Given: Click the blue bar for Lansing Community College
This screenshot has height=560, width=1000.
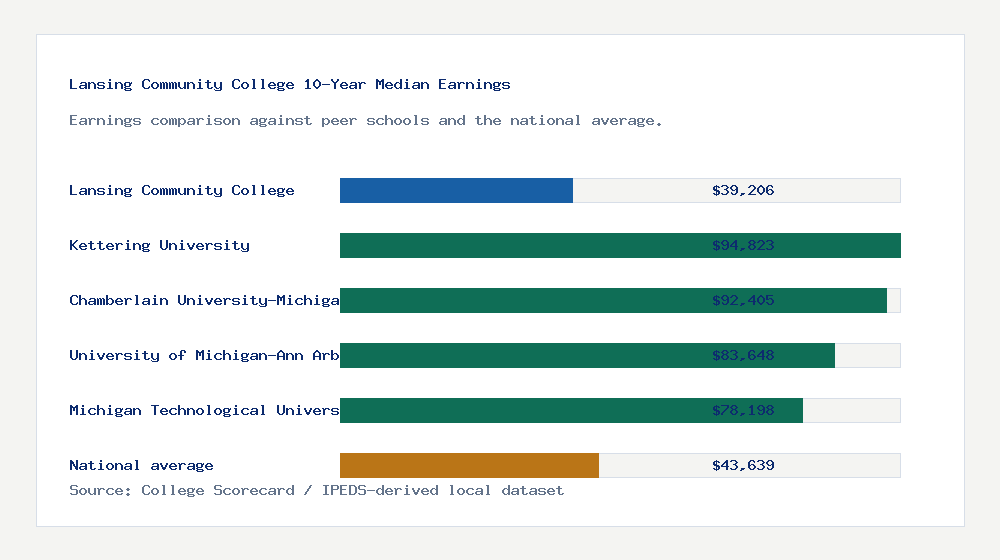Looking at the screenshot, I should (x=456, y=190).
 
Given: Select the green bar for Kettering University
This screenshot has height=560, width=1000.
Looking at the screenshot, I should (x=520, y=245).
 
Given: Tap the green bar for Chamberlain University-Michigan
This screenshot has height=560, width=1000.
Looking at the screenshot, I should (x=520, y=300).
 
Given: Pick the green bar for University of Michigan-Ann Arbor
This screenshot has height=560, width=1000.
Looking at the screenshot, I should (x=520, y=355).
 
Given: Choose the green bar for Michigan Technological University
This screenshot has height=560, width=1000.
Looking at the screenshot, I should (x=520, y=410).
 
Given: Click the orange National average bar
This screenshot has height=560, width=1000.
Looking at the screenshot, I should (x=469, y=465).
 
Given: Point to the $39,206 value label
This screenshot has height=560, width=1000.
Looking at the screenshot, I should (x=743, y=190).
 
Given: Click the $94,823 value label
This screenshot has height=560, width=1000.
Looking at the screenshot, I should (x=743, y=245).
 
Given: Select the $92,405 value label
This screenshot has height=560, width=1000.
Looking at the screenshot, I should (x=743, y=300).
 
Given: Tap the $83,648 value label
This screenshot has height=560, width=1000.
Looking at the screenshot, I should (x=743, y=355).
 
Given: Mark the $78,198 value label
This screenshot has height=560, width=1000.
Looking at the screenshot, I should (x=743, y=410).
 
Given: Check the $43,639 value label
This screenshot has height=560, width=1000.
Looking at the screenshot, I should (x=743, y=465).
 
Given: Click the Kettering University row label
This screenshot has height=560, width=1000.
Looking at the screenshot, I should (x=159, y=245).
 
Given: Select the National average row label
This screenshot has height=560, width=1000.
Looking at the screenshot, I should (x=141, y=465).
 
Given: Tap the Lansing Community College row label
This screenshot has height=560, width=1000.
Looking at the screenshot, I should (x=182, y=190).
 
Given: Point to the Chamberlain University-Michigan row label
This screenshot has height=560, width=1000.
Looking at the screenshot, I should (x=204, y=300).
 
